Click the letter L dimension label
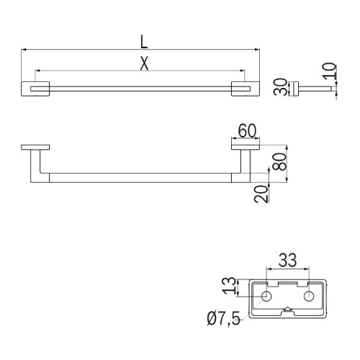(144, 42)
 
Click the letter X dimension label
(144, 63)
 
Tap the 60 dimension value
(247, 131)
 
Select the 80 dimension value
(281, 161)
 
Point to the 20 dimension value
(261, 194)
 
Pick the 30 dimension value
(281, 87)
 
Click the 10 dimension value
(329, 71)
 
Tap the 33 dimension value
(287, 260)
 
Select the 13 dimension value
(229, 286)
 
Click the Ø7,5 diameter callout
(223, 319)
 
